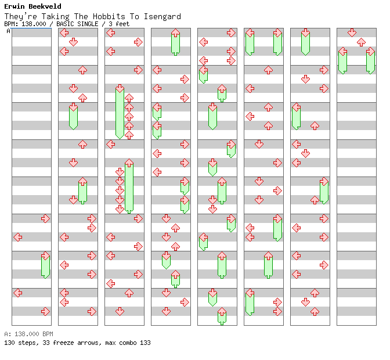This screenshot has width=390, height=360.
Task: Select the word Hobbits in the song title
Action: tap(109, 16)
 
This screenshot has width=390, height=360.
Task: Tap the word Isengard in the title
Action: tap(162, 17)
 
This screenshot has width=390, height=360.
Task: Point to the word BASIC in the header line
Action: tap(64, 24)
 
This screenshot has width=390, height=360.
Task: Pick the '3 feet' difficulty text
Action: tap(119, 24)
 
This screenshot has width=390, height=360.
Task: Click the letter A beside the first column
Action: tap(8, 31)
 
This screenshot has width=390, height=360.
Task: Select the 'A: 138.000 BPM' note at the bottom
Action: tap(28, 334)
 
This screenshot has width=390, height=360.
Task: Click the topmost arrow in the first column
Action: tap(45, 219)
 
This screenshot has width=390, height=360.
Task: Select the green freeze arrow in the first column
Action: tap(45, 265)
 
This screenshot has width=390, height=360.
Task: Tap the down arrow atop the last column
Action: tap(352, 33)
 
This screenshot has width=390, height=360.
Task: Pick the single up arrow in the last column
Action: tap(361, 42)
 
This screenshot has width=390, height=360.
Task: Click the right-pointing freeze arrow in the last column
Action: tap(370, 60)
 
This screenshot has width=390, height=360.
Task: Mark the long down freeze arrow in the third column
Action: tap(120, 111)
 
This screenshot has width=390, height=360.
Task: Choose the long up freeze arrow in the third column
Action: tap(129, 186)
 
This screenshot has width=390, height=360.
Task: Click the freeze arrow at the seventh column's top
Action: tap(305, 42)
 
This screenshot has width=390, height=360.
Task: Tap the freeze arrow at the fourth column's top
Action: tap(176, 42)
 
